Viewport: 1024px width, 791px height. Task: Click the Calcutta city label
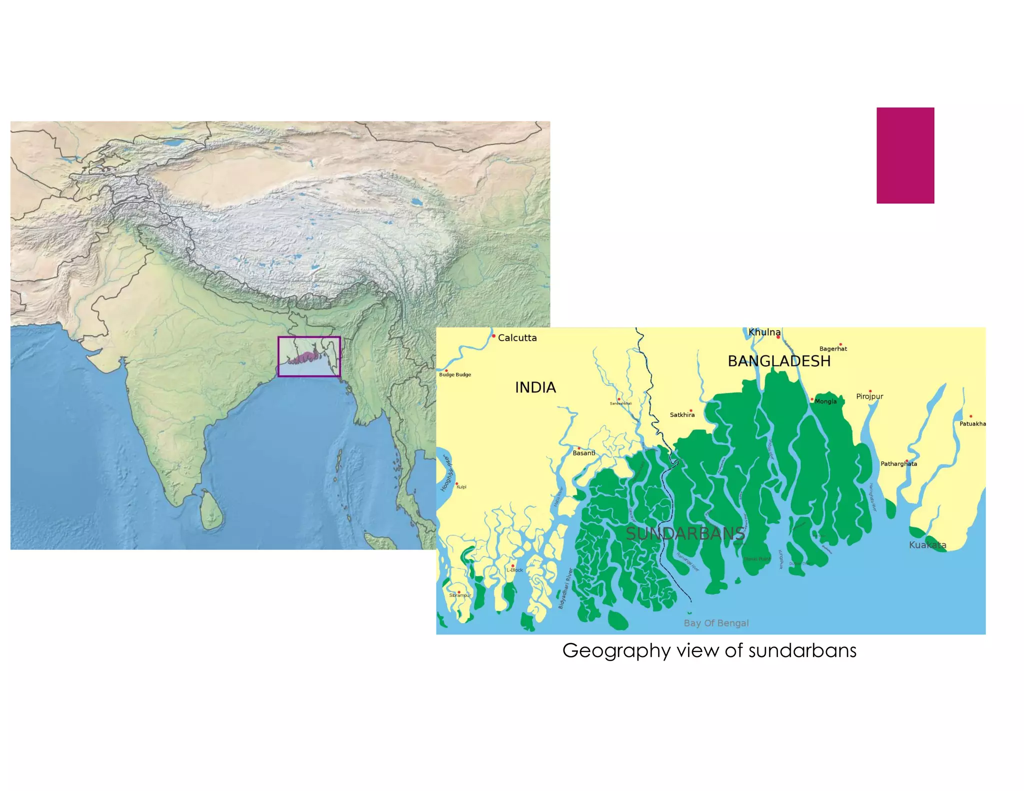click(x=517, y=338)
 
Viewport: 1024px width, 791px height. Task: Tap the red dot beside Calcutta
click(x=493, y=336)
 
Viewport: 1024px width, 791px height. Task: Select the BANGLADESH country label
click(x=778, y=361)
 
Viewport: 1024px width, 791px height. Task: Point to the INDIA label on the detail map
click(x=535, y=387)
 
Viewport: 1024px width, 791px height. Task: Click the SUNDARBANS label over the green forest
click(x=685, y=533)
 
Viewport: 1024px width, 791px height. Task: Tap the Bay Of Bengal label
click(x=716, y=623)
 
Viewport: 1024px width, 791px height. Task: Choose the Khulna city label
click(x=764, y=332)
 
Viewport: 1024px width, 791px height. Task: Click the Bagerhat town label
click(x=833, y=349)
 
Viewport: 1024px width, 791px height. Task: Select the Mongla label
click(x=825, y=401)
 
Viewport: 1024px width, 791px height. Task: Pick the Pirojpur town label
click(x=869, y=396)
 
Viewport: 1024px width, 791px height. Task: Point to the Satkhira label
click(x=682, y=415)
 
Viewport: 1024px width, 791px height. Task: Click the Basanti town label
click(x=583, y=453)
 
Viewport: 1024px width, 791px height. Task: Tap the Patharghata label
click(x=898, y=464)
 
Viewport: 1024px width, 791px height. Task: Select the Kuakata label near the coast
click(x=927, y=545)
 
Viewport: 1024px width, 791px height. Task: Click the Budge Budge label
click(x=455, y=374)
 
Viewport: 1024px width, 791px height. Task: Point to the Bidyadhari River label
click(x=565, y=588)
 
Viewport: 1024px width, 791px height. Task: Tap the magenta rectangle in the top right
click(x=905, y=155)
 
